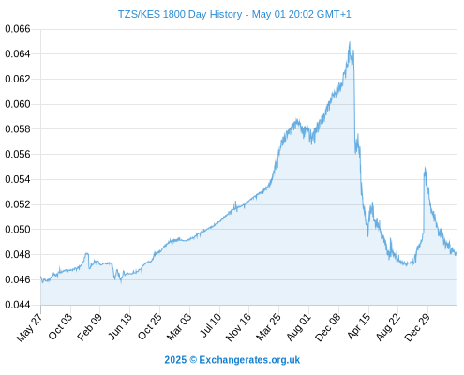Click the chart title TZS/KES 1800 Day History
180,14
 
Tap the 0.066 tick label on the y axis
18,29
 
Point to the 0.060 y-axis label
18,104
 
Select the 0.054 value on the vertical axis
18,179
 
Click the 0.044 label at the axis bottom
18,305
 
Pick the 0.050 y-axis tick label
18,230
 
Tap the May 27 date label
30,327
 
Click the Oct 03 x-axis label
60,326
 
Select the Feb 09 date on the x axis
90,327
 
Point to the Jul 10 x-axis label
210,325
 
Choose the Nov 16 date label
238,327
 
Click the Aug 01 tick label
299,327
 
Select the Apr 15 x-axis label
359,326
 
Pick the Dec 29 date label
417,327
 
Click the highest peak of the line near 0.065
350,42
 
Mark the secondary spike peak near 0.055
425,168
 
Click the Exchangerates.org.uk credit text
249,360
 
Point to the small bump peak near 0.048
87,253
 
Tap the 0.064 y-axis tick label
18,54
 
